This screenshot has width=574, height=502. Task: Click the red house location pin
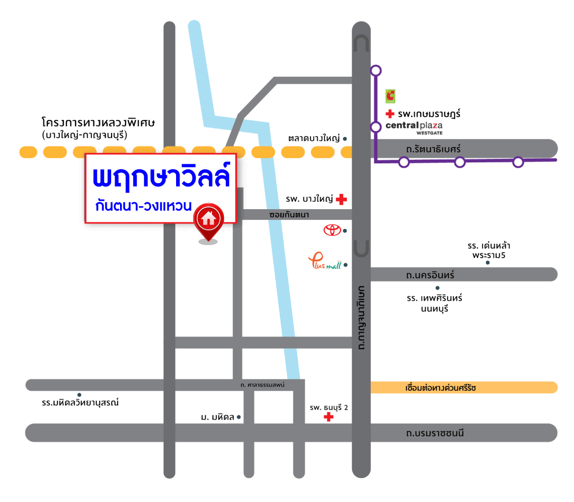tap(209, 221)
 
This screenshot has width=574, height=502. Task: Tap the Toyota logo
tap(332, 230)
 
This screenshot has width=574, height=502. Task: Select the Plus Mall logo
tap(325, 261)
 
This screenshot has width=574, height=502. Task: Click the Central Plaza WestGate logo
tap(414, 127)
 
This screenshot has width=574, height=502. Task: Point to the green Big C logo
tap(391, 95)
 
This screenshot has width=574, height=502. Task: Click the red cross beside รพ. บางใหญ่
tap(341, 199)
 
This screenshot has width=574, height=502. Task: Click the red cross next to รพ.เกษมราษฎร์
tap(390, 114)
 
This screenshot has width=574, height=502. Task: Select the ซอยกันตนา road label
tap(289, 215)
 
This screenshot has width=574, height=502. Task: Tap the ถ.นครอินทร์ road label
tap(430, 275)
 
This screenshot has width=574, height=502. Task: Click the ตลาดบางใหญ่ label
tap(315, 139)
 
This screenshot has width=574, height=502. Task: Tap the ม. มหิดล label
tap(217, 417)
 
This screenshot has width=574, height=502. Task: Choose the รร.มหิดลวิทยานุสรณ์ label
tap(81, 403)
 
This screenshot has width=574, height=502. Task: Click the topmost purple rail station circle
tap(376, 71)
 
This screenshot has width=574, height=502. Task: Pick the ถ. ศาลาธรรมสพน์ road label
tap(263, 384)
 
